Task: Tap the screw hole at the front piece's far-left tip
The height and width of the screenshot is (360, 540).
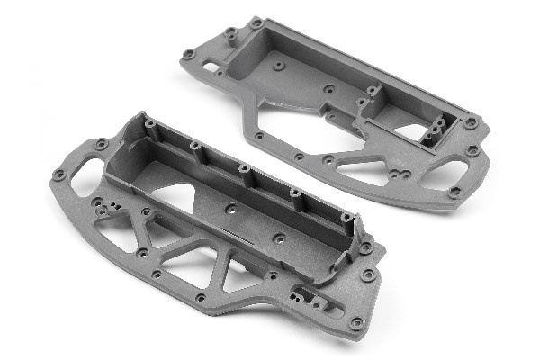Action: click(59, 174)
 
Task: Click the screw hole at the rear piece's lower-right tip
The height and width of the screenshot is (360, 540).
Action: click(454, 192)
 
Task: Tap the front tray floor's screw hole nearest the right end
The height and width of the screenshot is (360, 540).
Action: click(283, 239)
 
